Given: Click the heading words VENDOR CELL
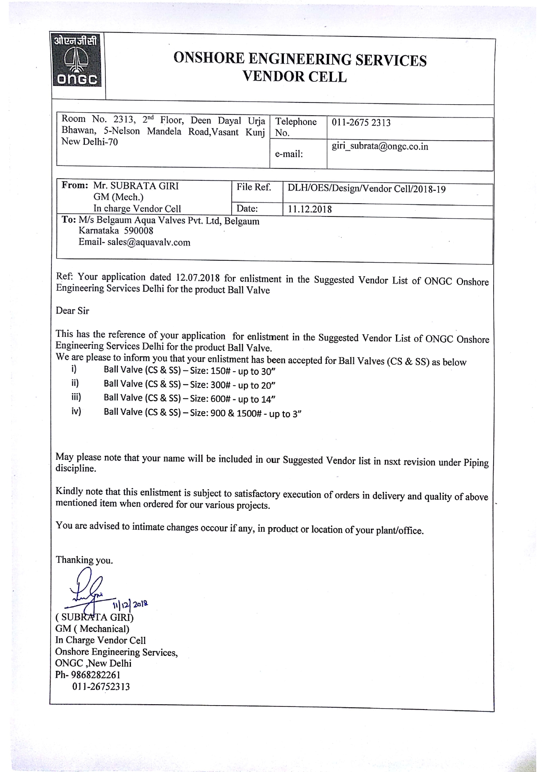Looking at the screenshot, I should tap(294, 77).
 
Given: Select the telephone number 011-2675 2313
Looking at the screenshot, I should tap(361, 123).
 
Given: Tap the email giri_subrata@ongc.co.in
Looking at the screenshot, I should tap(380, 146).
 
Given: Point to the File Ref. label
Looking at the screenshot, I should tap(254, 187).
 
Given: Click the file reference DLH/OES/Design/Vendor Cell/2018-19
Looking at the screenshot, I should tap(367, 189).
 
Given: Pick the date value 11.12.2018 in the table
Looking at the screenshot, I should tap(310, 209).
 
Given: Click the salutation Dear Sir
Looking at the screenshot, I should tap(72, 311).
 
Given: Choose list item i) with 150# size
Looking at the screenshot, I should tap(189, 370).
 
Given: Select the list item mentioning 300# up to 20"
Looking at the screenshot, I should tap(189, 384).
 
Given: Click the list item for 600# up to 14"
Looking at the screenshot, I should tap(189, 399).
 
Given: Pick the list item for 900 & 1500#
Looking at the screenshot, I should tap(202, 413).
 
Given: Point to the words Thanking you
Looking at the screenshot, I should tap(84, 560).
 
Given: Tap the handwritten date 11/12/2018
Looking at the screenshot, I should tap(131, 604).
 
